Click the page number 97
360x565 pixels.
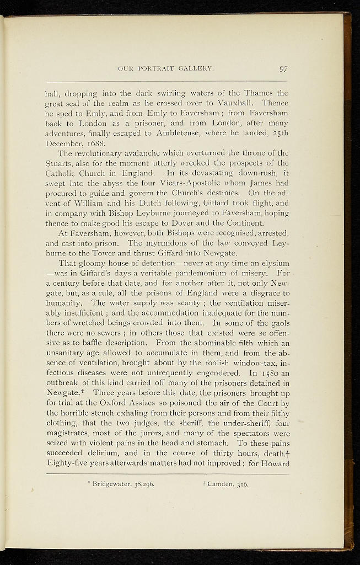pos(283,69)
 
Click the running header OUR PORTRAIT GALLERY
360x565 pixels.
pos(166,70)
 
